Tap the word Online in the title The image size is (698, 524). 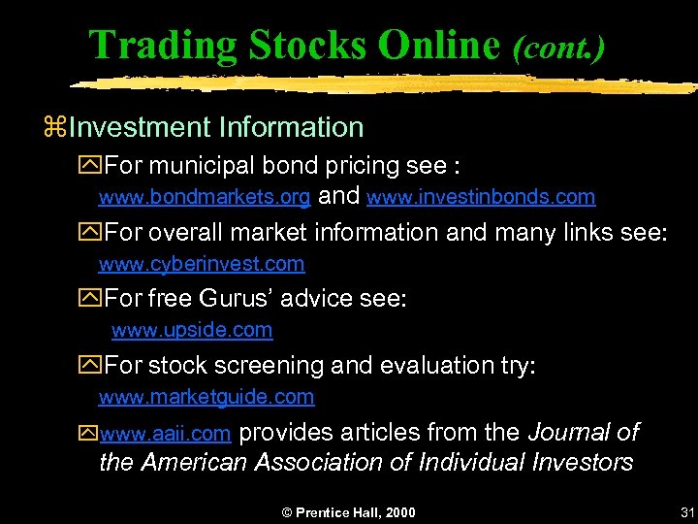coord(437,46)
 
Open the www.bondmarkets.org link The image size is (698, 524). coord(205,197)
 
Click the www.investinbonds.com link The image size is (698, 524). coord(481,197)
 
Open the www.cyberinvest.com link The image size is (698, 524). coord(202,264)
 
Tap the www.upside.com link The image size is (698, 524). coord(192,330)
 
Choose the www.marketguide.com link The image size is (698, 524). coord(206,397)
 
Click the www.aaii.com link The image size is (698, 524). coord(165,433)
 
